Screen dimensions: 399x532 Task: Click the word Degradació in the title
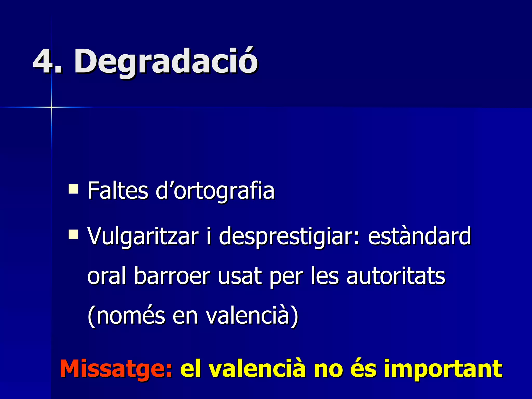pyautogui.click(x=166, y=61)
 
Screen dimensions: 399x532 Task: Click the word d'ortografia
pyautogui.click(x=215, y=191)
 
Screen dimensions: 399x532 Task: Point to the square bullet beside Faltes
pyautogui.click(x=74, y=189)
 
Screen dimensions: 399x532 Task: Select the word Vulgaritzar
pyautogui.click(x=143, y=236)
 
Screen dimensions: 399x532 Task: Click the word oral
pyautogui.click(x=107, y=276)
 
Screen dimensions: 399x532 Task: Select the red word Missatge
pyautogui.click(x=116, y=369)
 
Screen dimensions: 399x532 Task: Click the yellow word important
pyautogui.click(x=443, y=369)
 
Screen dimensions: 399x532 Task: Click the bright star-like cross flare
pyautogui.click(x=51, y=107)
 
